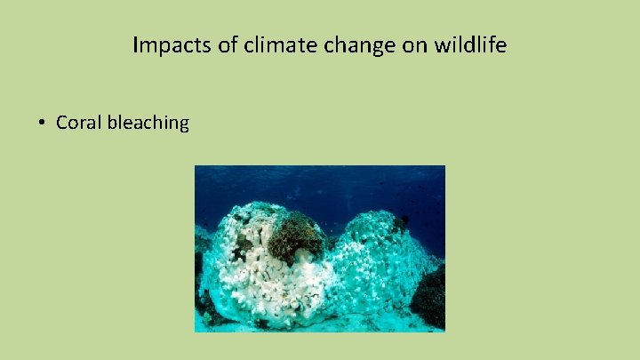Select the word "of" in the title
(x=228, y=45)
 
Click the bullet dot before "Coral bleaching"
(x=42, y=123)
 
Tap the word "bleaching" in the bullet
(x=148, y=123)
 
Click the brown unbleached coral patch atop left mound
(x=295, y=236)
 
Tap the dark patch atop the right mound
(x=401, y=222)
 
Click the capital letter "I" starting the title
(x=135, y=45)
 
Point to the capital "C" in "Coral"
(x=61, y=123)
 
